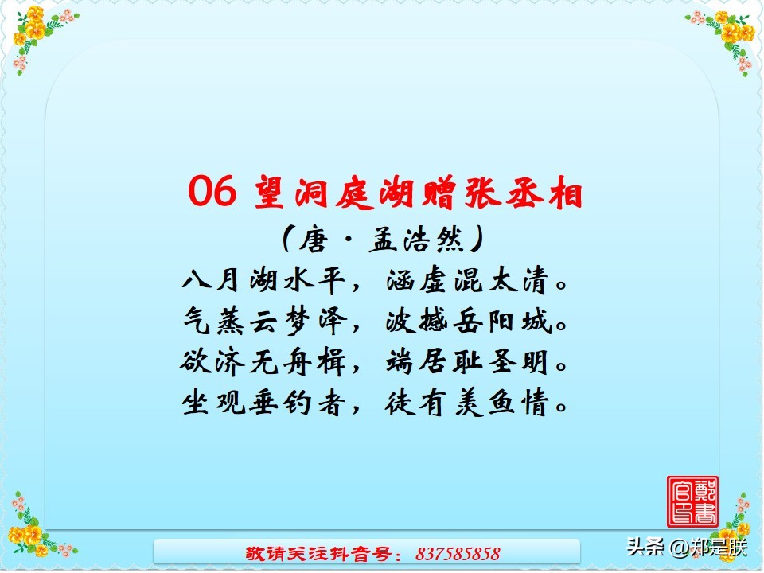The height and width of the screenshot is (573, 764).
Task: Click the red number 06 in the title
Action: pos(212,191)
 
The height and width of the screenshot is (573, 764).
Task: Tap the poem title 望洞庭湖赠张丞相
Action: pos(419,193)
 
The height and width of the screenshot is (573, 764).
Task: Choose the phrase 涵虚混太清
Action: pos(468,282)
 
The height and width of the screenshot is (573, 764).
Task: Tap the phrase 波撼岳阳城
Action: pos(468,322)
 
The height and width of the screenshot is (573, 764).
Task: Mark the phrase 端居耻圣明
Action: pos(468,363)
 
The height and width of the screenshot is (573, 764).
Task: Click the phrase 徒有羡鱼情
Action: pos(468,404)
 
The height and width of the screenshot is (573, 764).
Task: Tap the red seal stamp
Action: pos(692,501)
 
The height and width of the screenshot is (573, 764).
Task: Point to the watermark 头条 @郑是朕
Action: pos(687,548)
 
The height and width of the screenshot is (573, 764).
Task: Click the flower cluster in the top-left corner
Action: pos(36,36)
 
